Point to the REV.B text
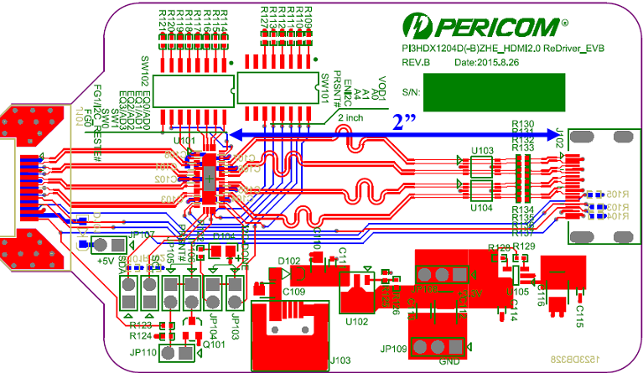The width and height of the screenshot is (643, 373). click(x=416, y=64)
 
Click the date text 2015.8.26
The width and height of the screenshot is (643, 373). click(x=484, y=64)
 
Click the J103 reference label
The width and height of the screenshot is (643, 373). click(x=340, y=360)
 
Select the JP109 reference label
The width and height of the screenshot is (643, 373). click(x=394, y=348)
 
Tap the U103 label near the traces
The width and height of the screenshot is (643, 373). click(x=481, y=150)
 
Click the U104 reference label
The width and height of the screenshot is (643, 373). click(x=481, y=207)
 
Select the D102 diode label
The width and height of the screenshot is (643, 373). click(x=289, y=261)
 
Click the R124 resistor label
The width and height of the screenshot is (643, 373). click(x=140, y=335)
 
